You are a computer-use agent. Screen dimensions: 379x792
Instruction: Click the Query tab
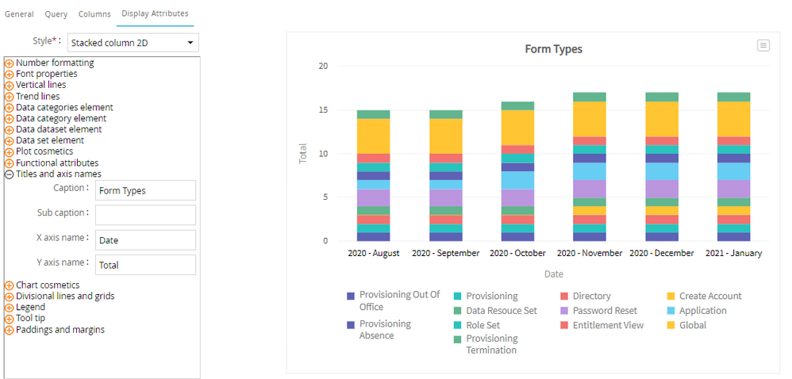56,13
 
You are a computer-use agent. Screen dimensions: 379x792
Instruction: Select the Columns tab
94,13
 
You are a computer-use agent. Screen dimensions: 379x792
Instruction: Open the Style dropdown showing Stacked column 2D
133,43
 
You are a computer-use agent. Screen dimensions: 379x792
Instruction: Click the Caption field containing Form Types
145,190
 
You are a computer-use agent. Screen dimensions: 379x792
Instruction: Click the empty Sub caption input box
145,215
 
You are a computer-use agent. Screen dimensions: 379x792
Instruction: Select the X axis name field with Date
145,239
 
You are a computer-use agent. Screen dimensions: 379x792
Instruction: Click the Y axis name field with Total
145,265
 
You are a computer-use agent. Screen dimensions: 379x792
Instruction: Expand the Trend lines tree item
37,97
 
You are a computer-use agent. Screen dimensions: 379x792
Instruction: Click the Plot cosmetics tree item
44,151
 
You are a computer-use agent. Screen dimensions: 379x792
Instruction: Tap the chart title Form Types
553,49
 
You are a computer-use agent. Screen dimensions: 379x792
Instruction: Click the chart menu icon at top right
763,46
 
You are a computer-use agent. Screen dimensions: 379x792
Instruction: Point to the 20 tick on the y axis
323,66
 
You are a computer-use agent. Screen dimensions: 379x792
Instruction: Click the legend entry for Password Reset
605,311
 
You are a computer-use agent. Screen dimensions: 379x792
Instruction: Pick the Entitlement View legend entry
608,325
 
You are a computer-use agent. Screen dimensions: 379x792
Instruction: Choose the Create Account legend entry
709,296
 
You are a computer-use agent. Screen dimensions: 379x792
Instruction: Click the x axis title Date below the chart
553,274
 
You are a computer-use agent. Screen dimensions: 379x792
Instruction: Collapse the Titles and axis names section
10,174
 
